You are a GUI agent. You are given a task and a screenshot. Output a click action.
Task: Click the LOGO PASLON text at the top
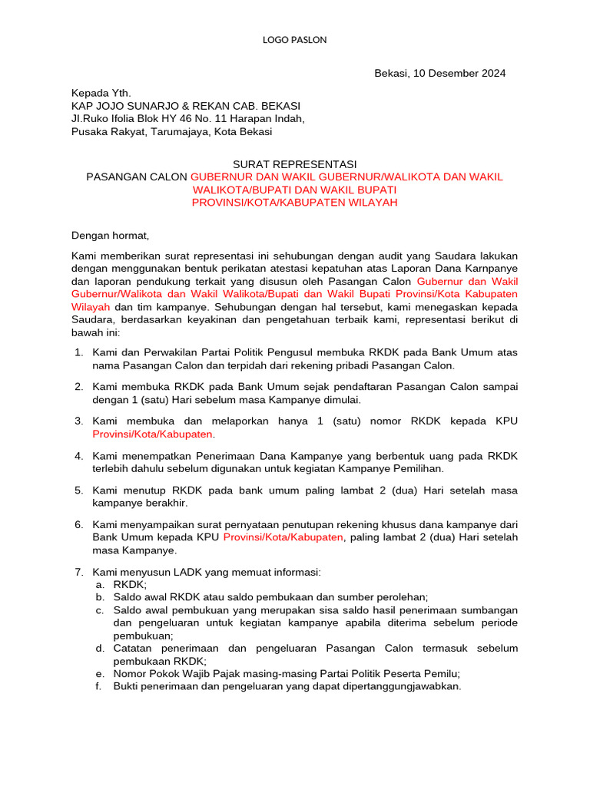(x=294, y=40)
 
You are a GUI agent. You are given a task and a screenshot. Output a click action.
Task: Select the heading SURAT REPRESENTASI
(x=294, y=163)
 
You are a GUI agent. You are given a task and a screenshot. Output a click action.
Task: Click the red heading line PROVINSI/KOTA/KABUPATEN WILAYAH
(x=294, y=203)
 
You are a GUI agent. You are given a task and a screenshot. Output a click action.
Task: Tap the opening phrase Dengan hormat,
(x=108, y=235)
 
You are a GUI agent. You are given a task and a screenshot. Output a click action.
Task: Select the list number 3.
(x=78, y=421)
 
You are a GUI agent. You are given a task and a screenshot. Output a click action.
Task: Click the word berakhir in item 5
(x=164, y=503)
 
